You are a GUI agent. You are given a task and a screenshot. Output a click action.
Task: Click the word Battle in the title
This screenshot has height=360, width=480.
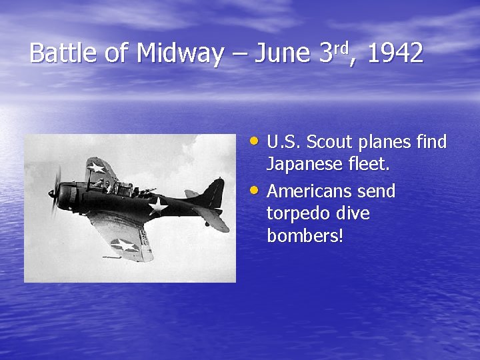tap(64, 53)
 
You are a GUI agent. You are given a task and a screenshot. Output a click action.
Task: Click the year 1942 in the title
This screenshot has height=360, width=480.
tap(395, 53)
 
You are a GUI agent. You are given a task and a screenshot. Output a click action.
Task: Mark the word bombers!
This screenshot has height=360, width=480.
tap(305, 236)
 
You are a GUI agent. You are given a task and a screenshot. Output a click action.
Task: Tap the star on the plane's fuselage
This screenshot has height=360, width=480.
tap(158, 206)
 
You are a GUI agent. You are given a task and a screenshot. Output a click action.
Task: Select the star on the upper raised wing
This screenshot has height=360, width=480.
tap(97, 167)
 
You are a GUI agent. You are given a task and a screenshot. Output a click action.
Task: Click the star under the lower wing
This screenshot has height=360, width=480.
tap(124, 245)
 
